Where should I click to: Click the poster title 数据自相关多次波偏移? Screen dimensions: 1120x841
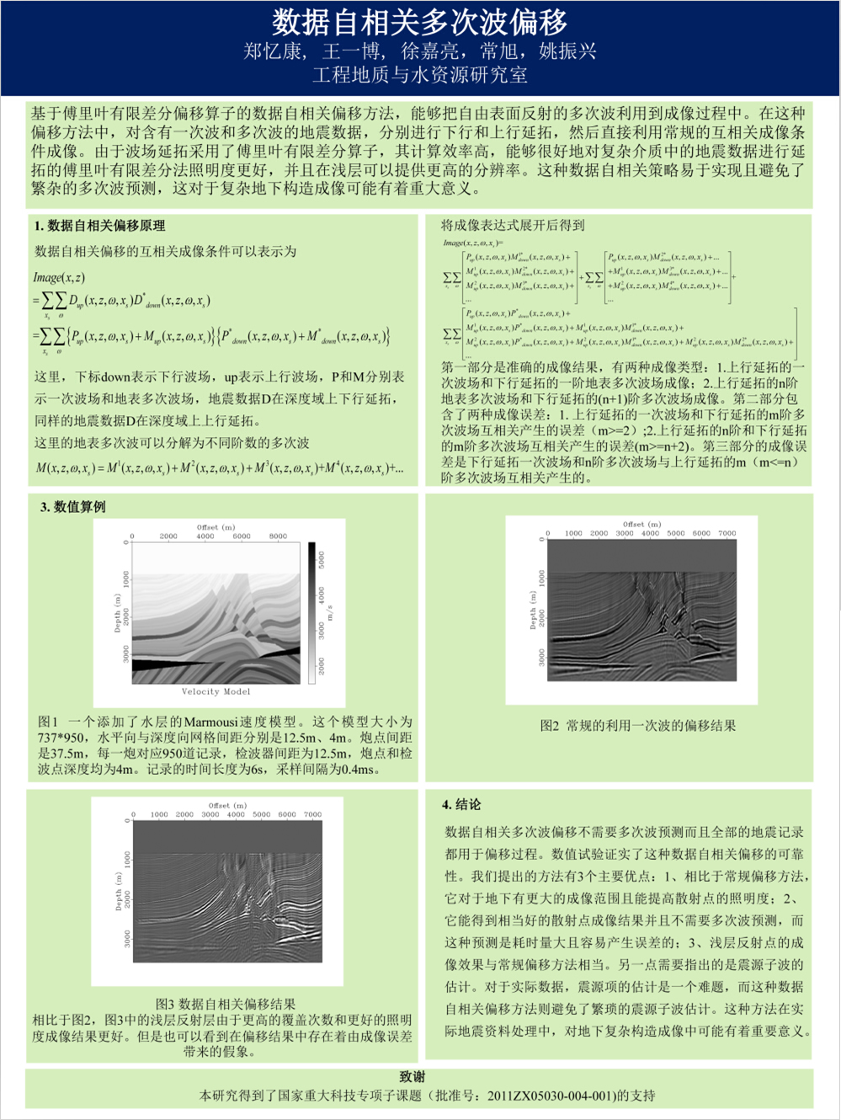[419, 21]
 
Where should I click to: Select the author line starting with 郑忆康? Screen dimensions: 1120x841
[419, 51]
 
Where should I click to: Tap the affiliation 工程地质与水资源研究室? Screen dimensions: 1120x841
[419, 75]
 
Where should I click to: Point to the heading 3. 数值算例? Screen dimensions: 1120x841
[73, 507]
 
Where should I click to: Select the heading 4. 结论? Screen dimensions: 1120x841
[461, 804]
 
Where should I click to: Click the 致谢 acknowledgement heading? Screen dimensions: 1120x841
[413, 1077]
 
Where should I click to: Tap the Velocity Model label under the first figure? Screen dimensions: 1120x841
[216, 691]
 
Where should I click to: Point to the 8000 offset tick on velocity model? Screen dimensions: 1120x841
[278, 536]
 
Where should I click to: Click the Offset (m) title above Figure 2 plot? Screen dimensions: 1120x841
[641, 524]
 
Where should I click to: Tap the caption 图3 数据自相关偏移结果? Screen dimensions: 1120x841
[225, 1004]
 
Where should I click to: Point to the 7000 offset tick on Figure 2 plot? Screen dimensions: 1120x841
[727, 533]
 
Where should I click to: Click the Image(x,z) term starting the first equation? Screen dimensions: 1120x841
[59, 277]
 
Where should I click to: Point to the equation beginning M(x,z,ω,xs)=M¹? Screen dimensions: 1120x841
[219, 468]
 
